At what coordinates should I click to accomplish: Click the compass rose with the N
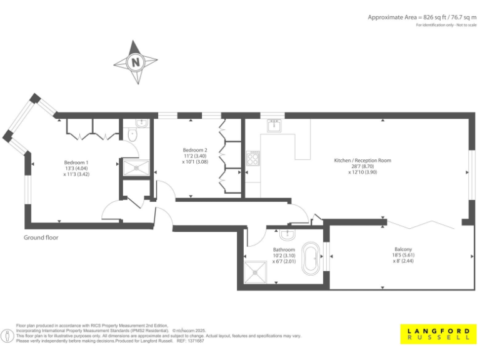[x=135, y=62]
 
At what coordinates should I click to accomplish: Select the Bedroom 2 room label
[x=195, y=150]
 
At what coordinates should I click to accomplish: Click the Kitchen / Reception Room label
[x=362, y=161]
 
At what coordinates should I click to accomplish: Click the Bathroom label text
[x=284, y=249]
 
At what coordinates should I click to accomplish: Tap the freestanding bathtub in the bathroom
[x=310, y=260]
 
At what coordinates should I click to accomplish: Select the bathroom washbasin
[x=286, y=236]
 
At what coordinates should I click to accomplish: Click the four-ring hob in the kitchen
[x=253, y=158]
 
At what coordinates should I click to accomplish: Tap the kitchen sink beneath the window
[x=272, y=126]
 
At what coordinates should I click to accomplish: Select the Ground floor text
[x=41, y=237]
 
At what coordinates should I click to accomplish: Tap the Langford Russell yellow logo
[x=438, y=334]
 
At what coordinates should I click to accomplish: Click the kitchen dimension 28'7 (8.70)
[x=362, y=167]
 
